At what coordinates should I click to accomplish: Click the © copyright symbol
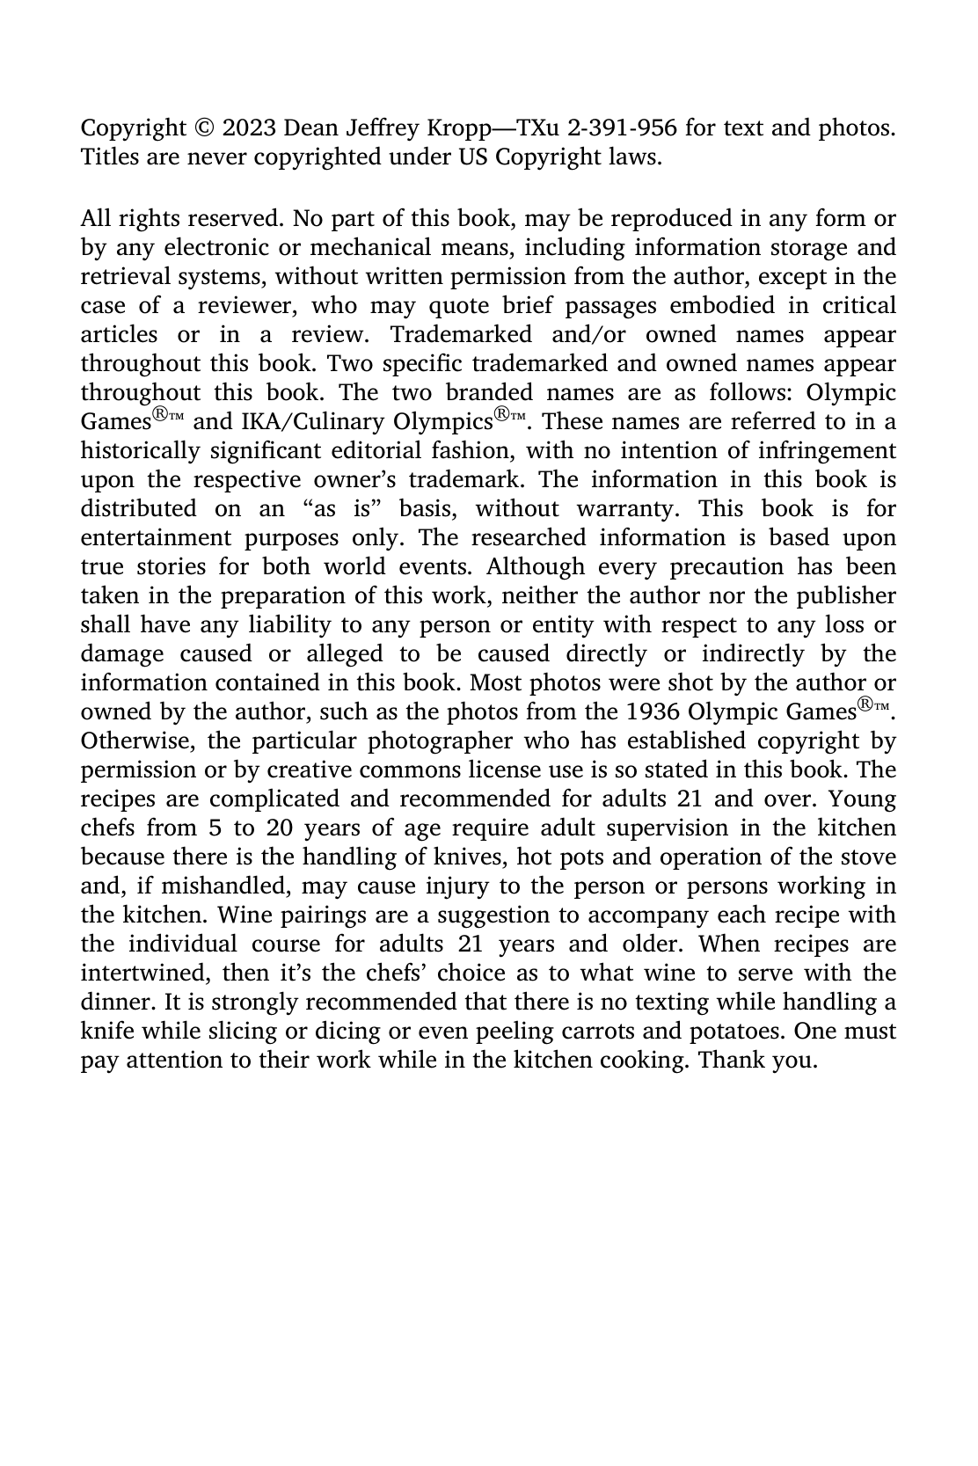[x=203, y=128]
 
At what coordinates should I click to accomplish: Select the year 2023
[x=248, y=128]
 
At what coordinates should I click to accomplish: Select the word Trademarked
[x=461, y=335]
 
